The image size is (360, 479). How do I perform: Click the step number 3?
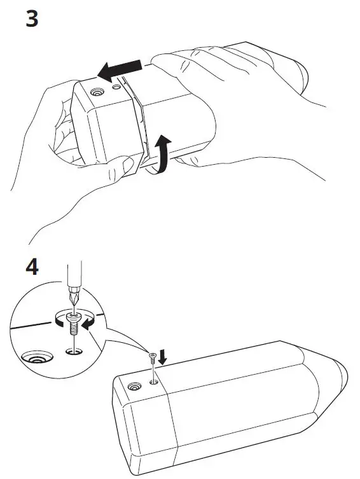(x=31, y=18)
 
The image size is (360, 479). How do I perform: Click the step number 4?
(x=31, y=266)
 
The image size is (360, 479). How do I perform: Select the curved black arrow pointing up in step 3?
(x=164, y=153)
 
